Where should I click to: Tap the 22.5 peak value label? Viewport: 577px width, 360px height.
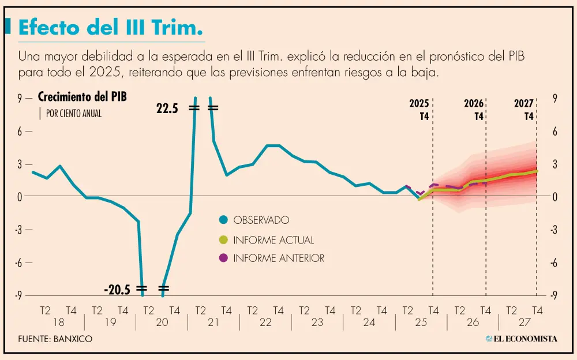168,108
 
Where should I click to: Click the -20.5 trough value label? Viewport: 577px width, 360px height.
117,288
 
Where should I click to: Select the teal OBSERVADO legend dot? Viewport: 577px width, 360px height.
223,220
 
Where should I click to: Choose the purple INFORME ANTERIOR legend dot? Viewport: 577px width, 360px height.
223,258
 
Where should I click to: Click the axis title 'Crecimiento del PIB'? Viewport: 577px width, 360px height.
82,97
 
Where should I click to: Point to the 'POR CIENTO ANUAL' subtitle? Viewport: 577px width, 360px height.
73,114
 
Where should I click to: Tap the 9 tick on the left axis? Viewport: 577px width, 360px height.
19,99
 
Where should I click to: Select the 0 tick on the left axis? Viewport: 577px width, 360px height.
19,197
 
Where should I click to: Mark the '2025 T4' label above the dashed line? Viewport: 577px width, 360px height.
419,110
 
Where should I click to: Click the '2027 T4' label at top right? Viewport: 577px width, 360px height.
523,110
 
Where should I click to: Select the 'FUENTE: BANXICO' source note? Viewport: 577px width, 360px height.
55,339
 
